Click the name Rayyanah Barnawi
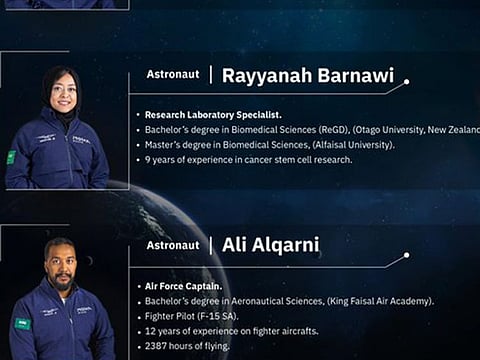coord(307,76)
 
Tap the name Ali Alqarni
coord(270,245)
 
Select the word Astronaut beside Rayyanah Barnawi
coord(173,74)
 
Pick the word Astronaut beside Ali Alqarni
coord(173,245)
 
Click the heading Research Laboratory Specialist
coord(212,114)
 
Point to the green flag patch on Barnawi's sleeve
coord(11,157)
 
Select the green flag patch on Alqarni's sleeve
coord(21,323)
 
